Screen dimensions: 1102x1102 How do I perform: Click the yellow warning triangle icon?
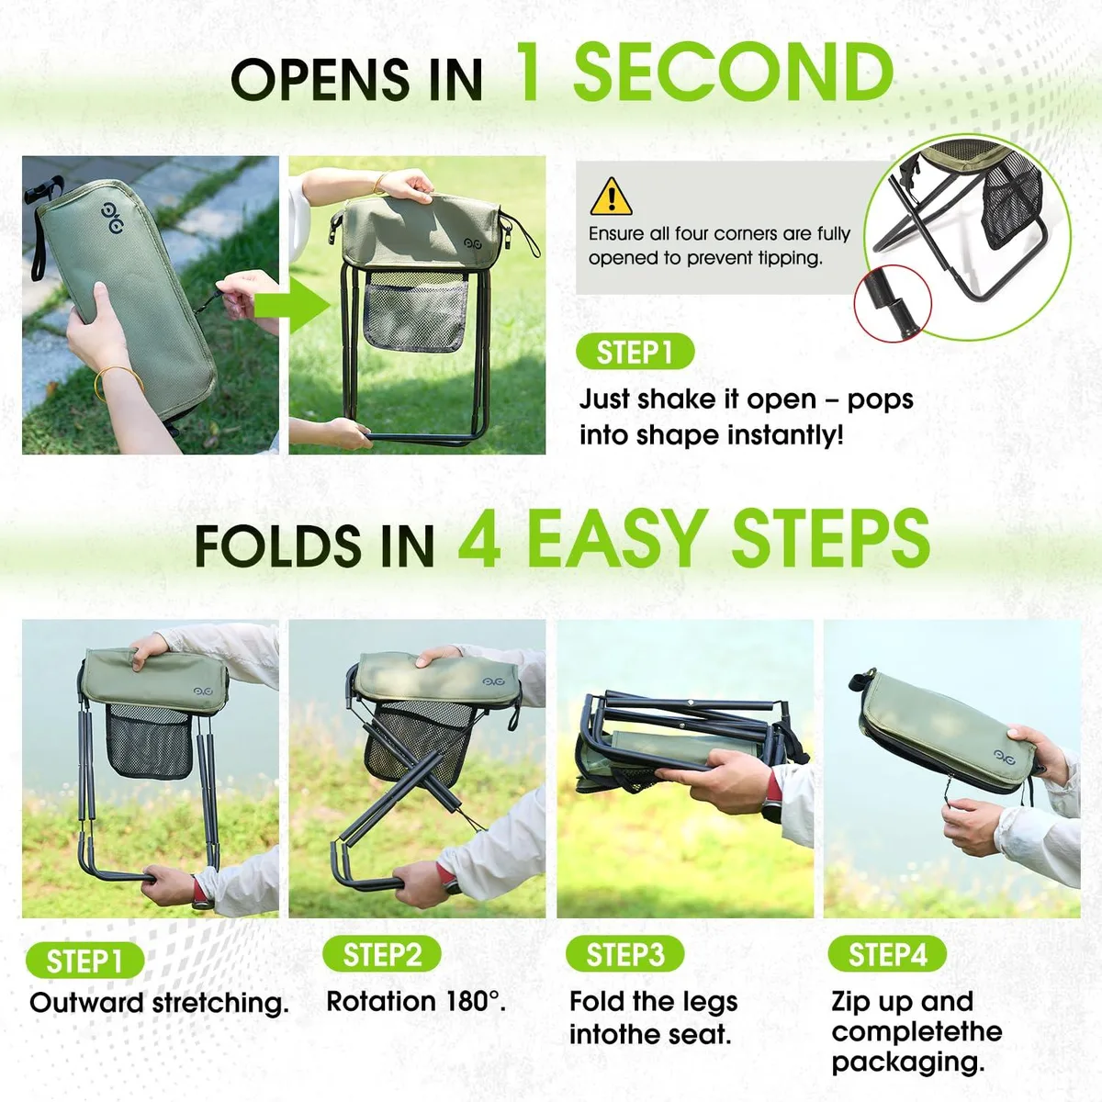click(611, 197)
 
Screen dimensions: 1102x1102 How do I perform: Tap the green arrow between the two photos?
click(292, 306)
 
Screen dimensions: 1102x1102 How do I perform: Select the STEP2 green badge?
click(382, 954)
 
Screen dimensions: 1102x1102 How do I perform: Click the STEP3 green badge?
click(625, 954)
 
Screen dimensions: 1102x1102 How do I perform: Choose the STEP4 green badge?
click(887, 954)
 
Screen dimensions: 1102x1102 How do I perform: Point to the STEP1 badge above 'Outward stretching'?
click(84, 961)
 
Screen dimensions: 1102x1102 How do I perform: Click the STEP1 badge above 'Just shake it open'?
click(635, 351)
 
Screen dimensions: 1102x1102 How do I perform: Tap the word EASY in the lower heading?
click(619, 539)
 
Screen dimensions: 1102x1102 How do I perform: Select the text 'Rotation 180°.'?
click(416, 1001)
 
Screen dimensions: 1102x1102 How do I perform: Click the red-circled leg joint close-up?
click(892, 303)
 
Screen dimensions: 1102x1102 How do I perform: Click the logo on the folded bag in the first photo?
click(111, 218)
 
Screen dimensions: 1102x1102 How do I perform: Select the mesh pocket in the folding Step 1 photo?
click(149, 742)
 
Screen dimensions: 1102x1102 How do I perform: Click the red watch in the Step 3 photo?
click(773, 798)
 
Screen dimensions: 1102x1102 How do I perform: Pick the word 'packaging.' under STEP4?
click(908, 1063)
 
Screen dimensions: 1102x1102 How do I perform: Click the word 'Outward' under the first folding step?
click(86, 1003)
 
